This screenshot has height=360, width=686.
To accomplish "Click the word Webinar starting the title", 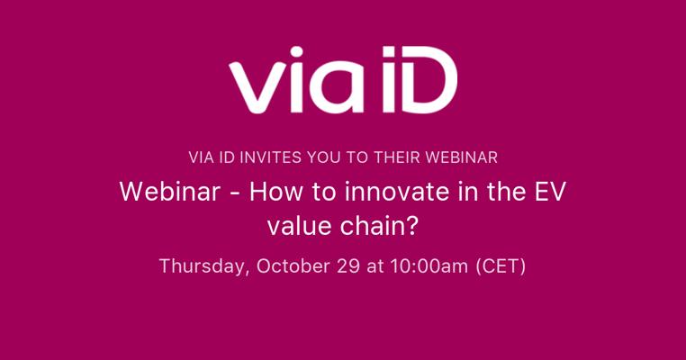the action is (170, 192).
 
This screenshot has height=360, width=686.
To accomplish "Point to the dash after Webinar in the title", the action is (234, 193).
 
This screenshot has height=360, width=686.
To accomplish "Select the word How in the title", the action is (275, 192).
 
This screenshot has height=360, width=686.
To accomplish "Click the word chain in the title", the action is (371, 226).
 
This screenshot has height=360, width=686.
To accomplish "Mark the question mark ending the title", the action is (410, 226).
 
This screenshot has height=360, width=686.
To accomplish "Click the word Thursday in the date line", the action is (204, 266).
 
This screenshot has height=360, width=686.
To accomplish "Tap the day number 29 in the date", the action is (348, 266).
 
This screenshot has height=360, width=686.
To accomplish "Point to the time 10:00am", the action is (429, 266).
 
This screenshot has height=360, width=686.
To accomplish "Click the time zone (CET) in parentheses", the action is (501, 266).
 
